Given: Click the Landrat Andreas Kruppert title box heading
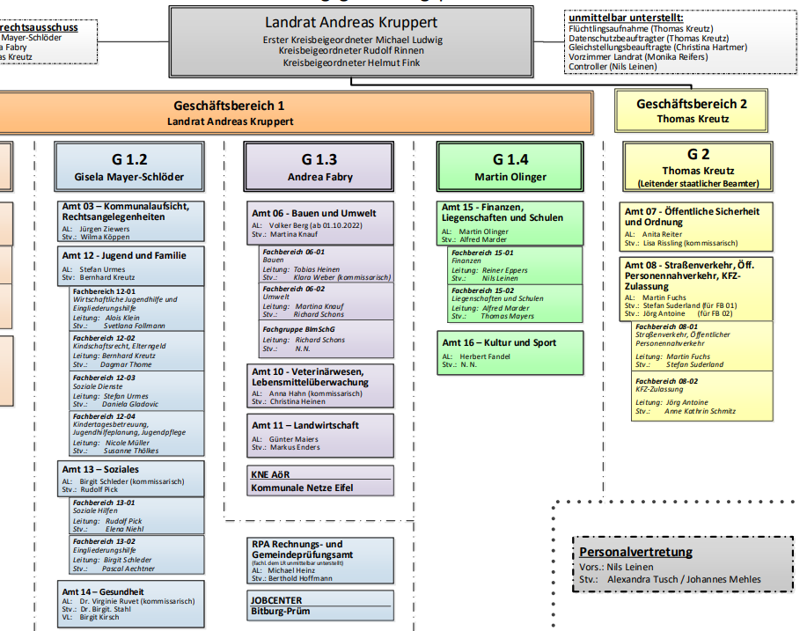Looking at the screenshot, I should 350,23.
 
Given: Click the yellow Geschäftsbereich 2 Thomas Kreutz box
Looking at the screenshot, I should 692,110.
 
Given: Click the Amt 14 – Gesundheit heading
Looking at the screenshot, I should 103,592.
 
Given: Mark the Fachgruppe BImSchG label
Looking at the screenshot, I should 299,329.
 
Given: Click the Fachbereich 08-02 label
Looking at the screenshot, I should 666,381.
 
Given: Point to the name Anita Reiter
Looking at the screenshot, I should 662,235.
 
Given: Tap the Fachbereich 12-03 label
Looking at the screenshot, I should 104,378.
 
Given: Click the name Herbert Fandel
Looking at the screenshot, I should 485,356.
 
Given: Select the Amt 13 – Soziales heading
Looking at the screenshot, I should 100,469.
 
